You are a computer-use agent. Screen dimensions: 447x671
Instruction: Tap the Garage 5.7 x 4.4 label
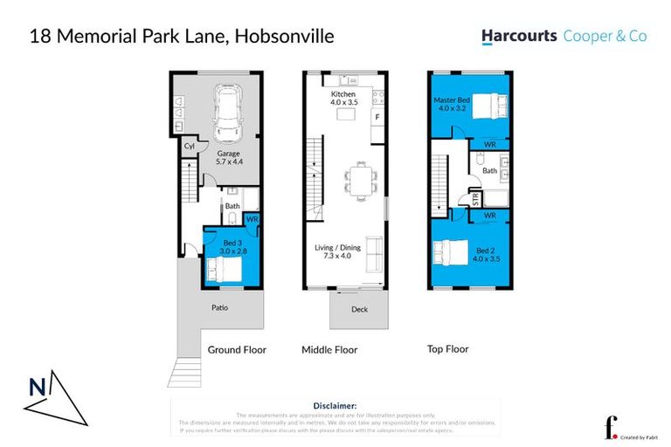(227, 157)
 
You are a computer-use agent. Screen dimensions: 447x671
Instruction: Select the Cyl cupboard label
(189, 147)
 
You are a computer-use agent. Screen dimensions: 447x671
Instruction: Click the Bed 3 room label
(228, 247)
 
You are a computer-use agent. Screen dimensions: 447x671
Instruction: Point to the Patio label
(219, 307)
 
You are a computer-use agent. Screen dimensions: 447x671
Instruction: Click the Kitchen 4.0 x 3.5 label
(344, 97)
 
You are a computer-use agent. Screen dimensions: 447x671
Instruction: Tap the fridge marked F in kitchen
(377, 116)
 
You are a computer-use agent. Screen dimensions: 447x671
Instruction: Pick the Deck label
(358, 308)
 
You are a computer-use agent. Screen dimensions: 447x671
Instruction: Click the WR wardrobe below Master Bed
(490, 142)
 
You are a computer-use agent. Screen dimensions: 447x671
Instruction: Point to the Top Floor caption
(447, 349)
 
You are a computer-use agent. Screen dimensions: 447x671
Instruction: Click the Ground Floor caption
(236, 349)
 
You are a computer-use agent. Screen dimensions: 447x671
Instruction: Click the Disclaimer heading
(335, 406)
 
